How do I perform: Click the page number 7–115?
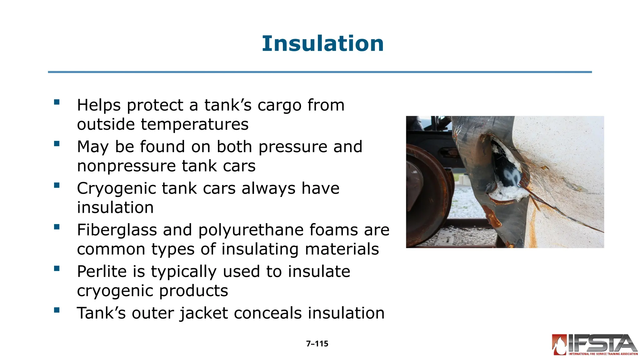(x=317, y=344)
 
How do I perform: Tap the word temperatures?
(x=194, y=124)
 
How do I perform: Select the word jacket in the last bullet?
(x=203, y=313)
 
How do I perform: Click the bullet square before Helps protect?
(x=57, y=102)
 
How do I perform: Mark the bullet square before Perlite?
(x=57, y=268)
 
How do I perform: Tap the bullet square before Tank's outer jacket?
(x=57, y=310)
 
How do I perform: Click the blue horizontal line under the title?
(x=320, y=72)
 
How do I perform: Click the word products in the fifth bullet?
(x=193, y=291)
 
